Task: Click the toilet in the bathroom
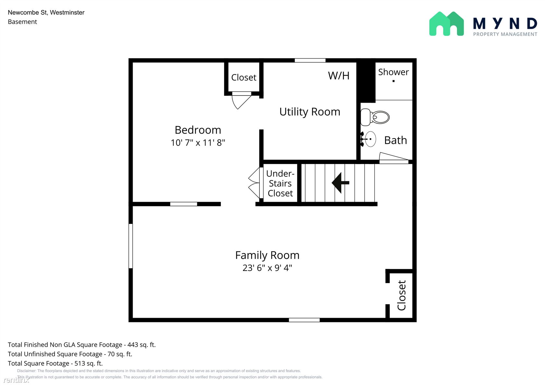[375, 117]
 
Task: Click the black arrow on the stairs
[340, 183]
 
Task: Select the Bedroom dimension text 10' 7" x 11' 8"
[198, 143]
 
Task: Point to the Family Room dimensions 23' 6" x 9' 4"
[267, 268]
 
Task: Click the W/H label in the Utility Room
[338, 75]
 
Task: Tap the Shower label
[394, 72]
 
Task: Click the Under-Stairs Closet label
[280, 183]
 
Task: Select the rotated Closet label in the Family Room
[402, 295]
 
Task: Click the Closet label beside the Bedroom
[244, 77]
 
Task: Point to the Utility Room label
[310, 112]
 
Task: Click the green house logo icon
[446, 24]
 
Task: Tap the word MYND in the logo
[505, 24]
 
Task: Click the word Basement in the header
[22, 22]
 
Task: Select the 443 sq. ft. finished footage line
[81, 344]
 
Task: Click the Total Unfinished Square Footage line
[70, 354]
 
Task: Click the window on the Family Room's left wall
[131, 246]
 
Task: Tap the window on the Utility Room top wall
[310, 60]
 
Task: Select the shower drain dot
[394, 81]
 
